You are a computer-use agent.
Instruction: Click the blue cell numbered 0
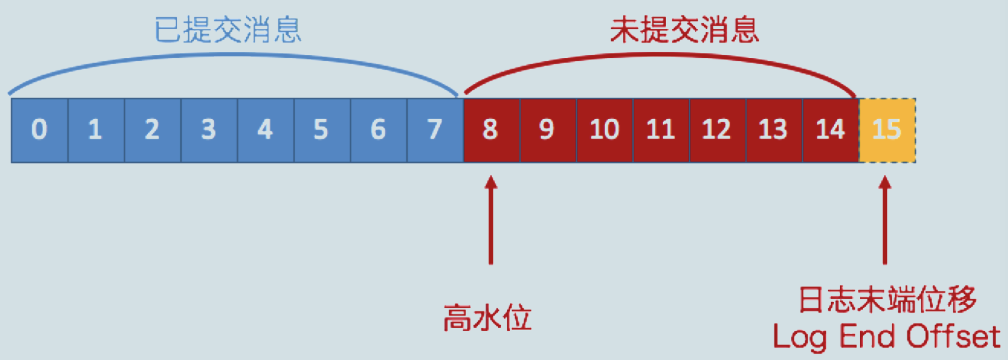[x=40, y=130]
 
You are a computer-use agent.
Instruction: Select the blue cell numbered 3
[x=209, y=130]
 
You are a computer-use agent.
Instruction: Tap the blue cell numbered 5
[x=322, y=130]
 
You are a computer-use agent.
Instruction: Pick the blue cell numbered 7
[x=435, y=130]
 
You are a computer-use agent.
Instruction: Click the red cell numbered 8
[x=491, y=130]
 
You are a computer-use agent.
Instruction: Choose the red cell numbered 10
[x=605, y=130]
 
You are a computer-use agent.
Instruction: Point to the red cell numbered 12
[x=717, y=130]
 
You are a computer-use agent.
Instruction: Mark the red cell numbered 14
[x=830, y=130]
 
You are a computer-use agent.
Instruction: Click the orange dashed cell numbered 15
[x=887, y=130]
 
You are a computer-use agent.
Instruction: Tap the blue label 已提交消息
[x=228, y=30]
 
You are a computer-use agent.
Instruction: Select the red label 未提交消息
[x=684, y=30]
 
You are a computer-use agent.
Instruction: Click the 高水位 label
[x=487, y=318]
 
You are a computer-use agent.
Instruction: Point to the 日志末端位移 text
[x=887, y=300]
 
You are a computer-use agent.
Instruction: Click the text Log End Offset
[x=886, y=337]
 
